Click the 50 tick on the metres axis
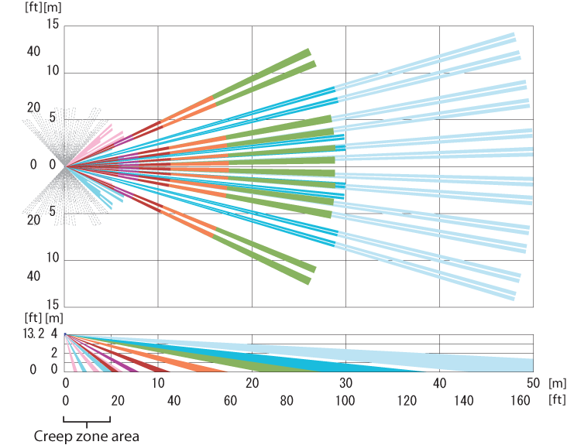pos(533,383)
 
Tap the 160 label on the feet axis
pos(521,400)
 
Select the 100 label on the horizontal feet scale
pos(345,400)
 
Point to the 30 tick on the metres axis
pos(345,383)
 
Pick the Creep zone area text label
pos(87,436)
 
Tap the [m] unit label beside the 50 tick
pos(557,383)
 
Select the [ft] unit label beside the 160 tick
pos(557,400)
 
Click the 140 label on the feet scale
pos(462,400)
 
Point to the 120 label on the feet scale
pos(404,400)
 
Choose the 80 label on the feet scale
pos(287,400)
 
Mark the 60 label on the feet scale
pos(229,400)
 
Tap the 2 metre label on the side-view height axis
pos(54,353)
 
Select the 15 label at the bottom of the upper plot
pos(53,304)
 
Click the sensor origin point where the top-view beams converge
pos(65,165)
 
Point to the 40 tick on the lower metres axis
pos(439,383)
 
